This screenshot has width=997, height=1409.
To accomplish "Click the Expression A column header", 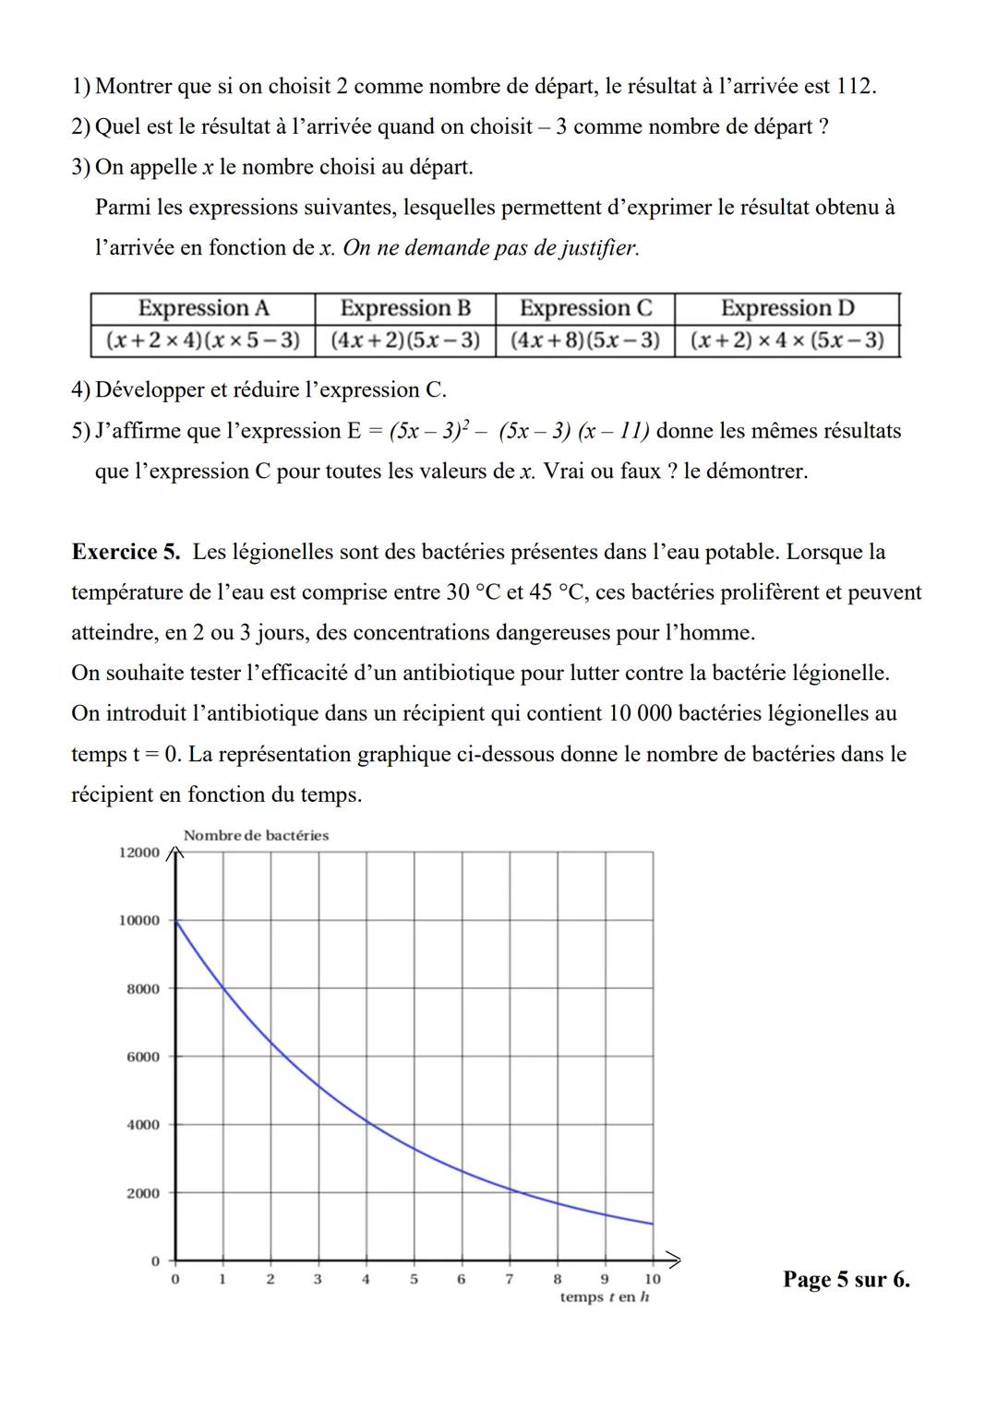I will [203, 308].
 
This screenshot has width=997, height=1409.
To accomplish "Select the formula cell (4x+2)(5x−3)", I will [404, 340].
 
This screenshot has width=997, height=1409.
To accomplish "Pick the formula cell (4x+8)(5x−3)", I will [584, 340].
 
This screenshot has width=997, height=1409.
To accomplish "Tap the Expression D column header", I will [787, 308].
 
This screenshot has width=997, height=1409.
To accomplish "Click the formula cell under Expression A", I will [203, 340].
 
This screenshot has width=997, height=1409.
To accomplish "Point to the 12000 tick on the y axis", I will [139, 852].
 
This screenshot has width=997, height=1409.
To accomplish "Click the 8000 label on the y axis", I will [143, 988].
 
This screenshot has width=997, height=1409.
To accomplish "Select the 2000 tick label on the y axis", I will [143, 1193].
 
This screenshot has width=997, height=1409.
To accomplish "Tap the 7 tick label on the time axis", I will [509, 1279].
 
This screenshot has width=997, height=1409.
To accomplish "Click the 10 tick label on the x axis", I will [652, 1279].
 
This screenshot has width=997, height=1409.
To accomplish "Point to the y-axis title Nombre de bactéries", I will [256, 835].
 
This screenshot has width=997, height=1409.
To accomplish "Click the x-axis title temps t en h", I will [605, 1297].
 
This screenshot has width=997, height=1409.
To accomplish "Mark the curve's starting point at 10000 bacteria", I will [175, 920].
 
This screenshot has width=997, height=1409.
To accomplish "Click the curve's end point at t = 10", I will [653, 1224].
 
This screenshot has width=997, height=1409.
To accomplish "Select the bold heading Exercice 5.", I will [126, 552].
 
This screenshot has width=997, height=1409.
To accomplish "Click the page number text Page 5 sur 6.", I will [846, 1279].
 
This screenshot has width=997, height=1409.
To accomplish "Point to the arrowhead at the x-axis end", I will [675, 1260].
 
